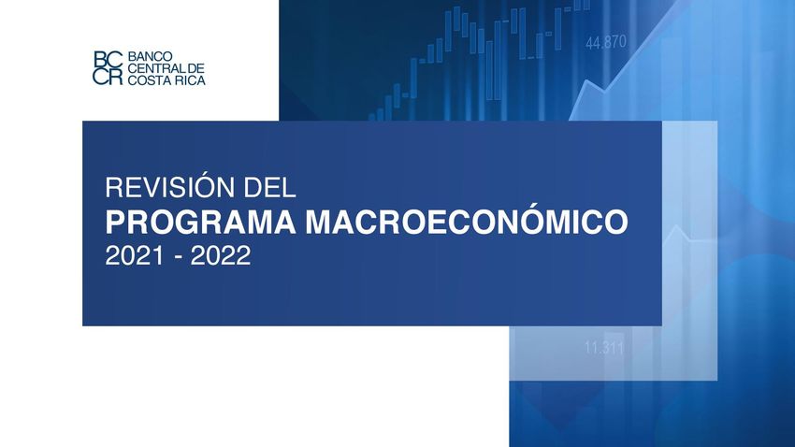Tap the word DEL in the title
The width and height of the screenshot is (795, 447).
tap(269, 188)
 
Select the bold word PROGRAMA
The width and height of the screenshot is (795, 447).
tap(201, 222)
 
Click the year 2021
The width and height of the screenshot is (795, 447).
tap(135, 255)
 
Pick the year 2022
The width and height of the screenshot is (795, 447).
tap(221, 255)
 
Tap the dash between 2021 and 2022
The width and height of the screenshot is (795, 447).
tap(178, 257)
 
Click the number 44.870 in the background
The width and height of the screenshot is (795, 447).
tap(606, 42)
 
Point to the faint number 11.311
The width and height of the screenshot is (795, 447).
tap(604, 348)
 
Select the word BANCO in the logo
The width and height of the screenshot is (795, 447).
tap(150, 56)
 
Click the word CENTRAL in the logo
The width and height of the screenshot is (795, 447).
tap(153, 68)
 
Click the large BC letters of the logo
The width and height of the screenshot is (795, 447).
tap(108, 59)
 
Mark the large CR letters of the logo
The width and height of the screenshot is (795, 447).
tap(108, 76)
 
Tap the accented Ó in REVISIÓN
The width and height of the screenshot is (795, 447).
tap(202, 185)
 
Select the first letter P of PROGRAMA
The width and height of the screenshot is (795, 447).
tap(115, 222)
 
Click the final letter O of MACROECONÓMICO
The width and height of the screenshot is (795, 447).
tap(614, 222)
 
